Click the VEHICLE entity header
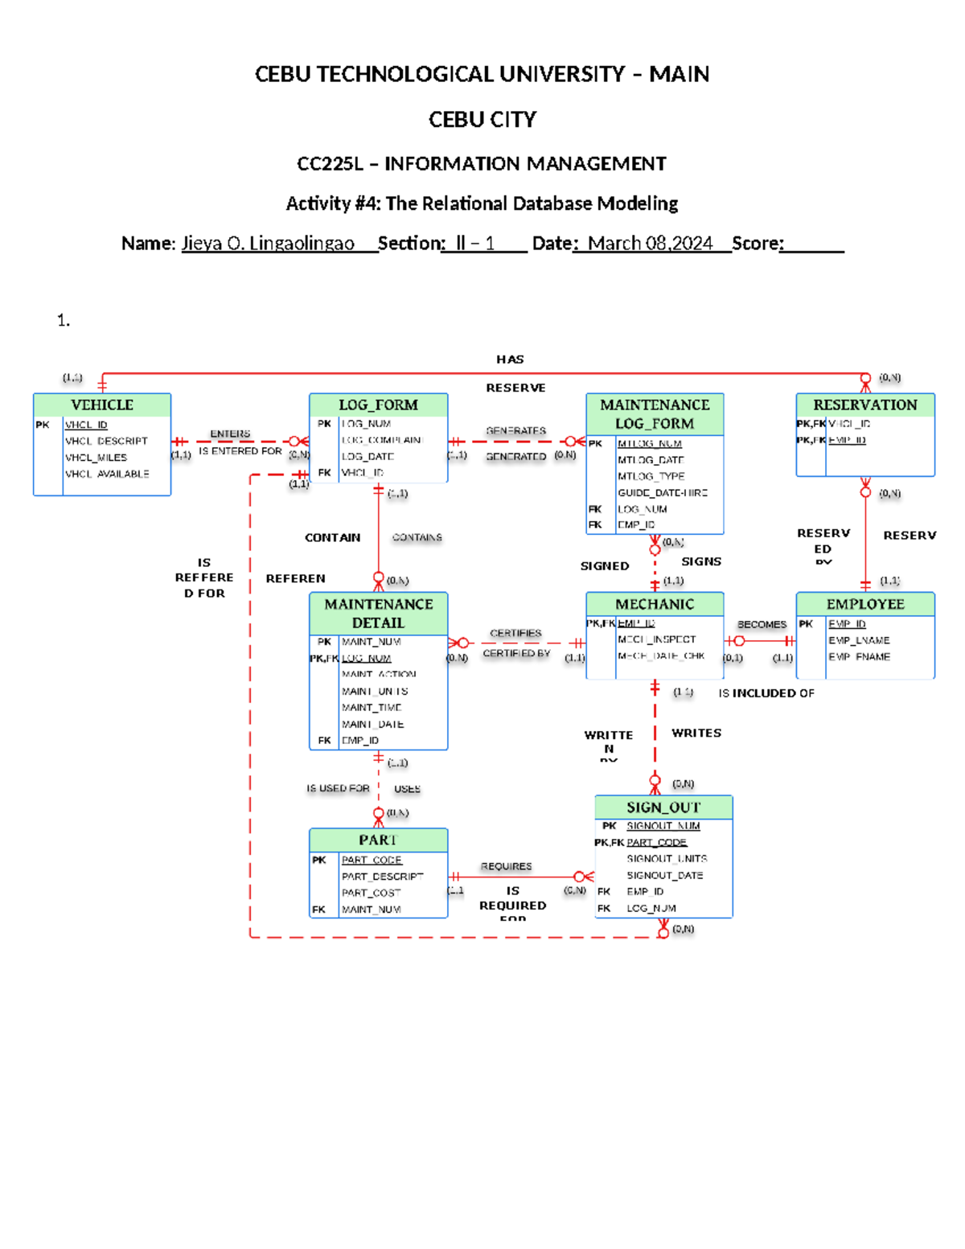click(102, 405)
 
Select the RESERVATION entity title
click(864, 405)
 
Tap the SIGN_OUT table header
click(663, 807)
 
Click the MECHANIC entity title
click(655, 604)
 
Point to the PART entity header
click(378, 840)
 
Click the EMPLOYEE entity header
click(865, 604)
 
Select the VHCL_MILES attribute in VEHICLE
click(96, 458)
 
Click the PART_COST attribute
click(371, 893)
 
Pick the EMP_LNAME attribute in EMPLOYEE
click(859, 640)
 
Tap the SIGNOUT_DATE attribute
click(664, 875)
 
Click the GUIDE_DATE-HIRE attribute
click(663, 492)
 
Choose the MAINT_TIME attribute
click(371, 707)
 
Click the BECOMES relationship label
click(762, 624)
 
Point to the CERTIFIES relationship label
click(515, 633)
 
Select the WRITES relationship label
click(696, 733)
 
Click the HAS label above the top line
click(510, 359)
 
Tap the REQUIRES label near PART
click(506, 866)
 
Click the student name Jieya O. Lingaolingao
click(268, 243)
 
